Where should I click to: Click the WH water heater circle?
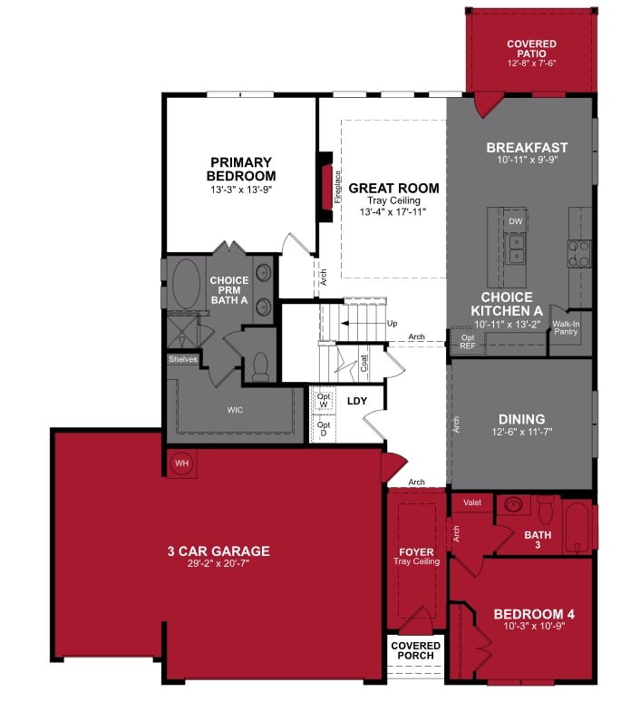[x=181, y=463]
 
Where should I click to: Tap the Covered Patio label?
[x=531, y=50]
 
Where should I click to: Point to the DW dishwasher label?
[x=515, y=221]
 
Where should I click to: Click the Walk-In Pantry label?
[x=567, y=328]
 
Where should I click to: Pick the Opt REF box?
[x=468, y=342]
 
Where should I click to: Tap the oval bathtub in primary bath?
[x=188, y=284]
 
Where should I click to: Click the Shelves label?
[x=182, y=359]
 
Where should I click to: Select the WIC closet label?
[x=235, y=409]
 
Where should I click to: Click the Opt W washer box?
[x=324, y=400]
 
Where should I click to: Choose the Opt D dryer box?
[x=324, y=427]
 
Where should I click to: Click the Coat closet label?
[x=364, y=364]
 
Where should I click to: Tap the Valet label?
[x=471, y=502]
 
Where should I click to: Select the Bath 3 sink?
[x=513, y=505]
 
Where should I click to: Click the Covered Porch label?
[x=415, y=651]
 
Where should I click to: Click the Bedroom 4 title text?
[x=533, y=614]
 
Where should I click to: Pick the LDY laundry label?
[x=357, y=400]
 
